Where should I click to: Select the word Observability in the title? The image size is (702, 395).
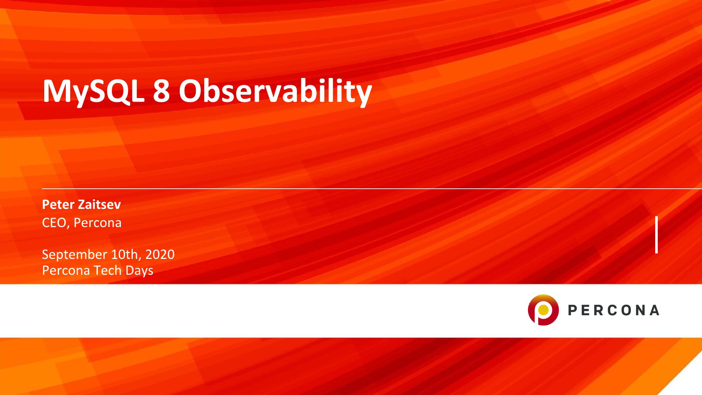click(x=275, y=91)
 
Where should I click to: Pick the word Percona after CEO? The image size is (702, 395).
click(x=98, y=223)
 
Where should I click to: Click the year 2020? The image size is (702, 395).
click(x=160, y=254)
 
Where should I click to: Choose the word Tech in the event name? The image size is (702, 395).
click(x=108, y=270)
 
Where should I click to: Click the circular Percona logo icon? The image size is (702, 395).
click(x=543, y=310)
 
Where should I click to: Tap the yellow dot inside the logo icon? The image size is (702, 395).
click(x=544, y=310)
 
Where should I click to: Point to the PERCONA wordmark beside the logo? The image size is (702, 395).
click(x=614, y=310)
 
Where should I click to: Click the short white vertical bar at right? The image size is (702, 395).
click(x=657, y=235)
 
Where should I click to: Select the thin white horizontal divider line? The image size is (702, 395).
click(x=372, y=189)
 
